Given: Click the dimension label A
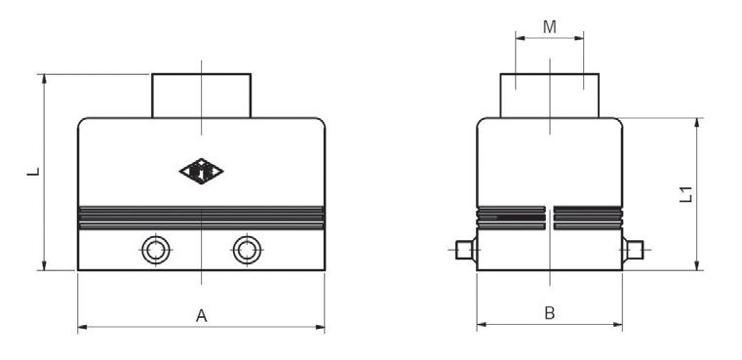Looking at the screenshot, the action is tap(202, 315).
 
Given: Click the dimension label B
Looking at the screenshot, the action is tap(549, 313).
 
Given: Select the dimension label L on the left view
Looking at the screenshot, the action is tap(33, 172).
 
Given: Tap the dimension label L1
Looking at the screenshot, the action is tap(686, 194).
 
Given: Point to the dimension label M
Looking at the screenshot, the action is tap(549, 27).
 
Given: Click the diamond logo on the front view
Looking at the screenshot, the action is tap(201, 172).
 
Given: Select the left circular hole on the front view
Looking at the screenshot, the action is tap(156, 250).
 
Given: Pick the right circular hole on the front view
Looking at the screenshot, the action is tap(247, 250).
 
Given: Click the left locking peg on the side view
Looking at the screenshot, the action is tap(466, 250).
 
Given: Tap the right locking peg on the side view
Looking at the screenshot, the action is tap(633, 250).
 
